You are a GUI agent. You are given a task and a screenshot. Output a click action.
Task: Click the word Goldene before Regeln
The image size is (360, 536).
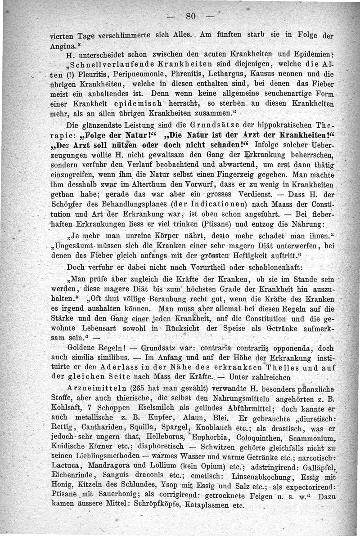coord(82,348)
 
